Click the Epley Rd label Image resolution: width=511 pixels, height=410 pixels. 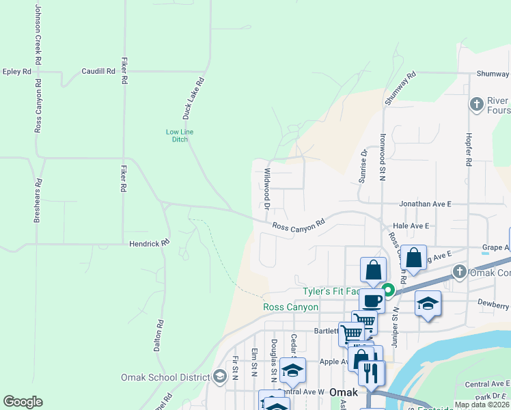pyautogui.click(x=17, y=71)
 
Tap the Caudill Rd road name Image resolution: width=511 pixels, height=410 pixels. pyautogui.click(x=98, y=71)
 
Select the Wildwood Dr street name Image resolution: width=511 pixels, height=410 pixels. pyautogui.click(x=267, y=189)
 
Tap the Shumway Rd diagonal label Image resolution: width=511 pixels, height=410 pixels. pyautogui.click(x=400, y=89)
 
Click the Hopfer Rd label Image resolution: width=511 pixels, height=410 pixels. pyautogui.click(x=469, y=150)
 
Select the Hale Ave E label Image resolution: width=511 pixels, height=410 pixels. pyautogui.click(x=411, y=225)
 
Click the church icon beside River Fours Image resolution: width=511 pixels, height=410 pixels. pyautogui.click(x=476, y=105)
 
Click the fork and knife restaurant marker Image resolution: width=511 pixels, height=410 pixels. pyautogui.click(x=370, y=372)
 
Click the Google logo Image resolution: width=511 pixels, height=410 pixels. pyautogui.click(x=23, y=402)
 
